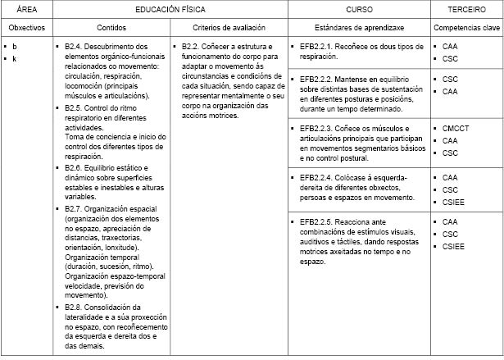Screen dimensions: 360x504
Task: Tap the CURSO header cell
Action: pyautogui.click(x=360, y=8)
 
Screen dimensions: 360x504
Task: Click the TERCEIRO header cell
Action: pyautogui.click(x=468, y=8)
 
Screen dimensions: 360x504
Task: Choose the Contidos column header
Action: pyautogui.click(x=111, y=27)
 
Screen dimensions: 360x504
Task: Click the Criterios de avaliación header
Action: pyautogui.click(x=229, y=27)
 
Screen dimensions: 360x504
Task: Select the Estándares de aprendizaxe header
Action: pyautogui.click(x=360, y=27)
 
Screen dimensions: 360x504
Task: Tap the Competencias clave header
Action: pyautogui.click(x=468, y=27)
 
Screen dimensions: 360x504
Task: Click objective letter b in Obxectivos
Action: pyautogui.click(x=15, y=47)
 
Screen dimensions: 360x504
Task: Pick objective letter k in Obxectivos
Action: pyautogui.click(x=15, y=58)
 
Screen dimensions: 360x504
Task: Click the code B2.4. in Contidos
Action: pyautogui.click(x=75, y=47)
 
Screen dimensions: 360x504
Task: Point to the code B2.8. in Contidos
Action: pyautogui.click(x=75, y=307)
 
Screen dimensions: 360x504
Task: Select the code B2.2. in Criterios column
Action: pyautogui.click(x=193, y=47)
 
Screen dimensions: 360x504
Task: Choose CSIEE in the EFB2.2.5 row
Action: pyautogui.click(x=453, y=246)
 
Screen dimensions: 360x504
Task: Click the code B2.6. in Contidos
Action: pyautogui.click(x=75, y=167)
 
